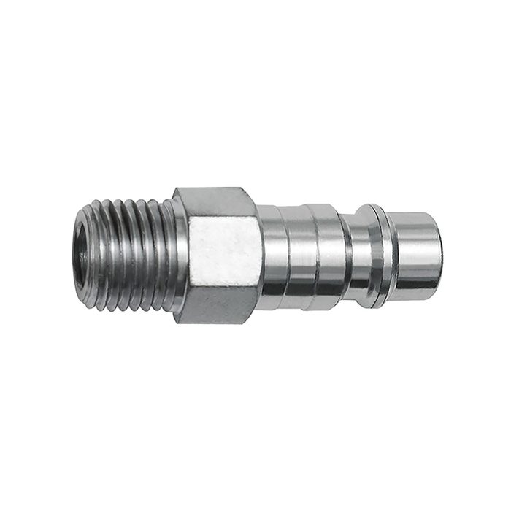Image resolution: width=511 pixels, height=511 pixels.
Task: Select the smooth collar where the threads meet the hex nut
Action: (x=171, y=252)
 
